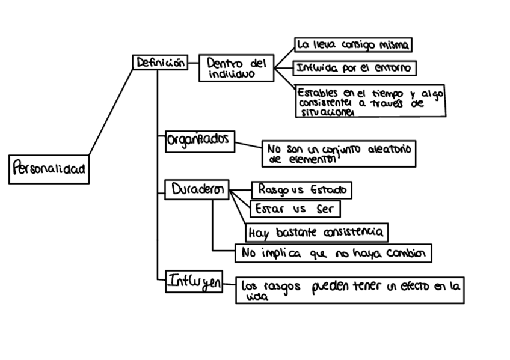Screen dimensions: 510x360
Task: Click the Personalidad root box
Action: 48,169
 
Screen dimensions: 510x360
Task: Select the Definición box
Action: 160,63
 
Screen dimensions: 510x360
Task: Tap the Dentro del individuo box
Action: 236,67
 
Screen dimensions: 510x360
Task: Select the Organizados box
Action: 199,139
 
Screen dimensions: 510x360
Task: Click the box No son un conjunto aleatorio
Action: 339,154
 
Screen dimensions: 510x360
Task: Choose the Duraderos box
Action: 197,189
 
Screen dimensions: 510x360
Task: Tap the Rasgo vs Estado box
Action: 301,190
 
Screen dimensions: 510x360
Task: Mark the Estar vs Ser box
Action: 295,209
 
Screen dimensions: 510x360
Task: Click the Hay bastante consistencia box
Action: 316,231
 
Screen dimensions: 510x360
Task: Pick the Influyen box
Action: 194,281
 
